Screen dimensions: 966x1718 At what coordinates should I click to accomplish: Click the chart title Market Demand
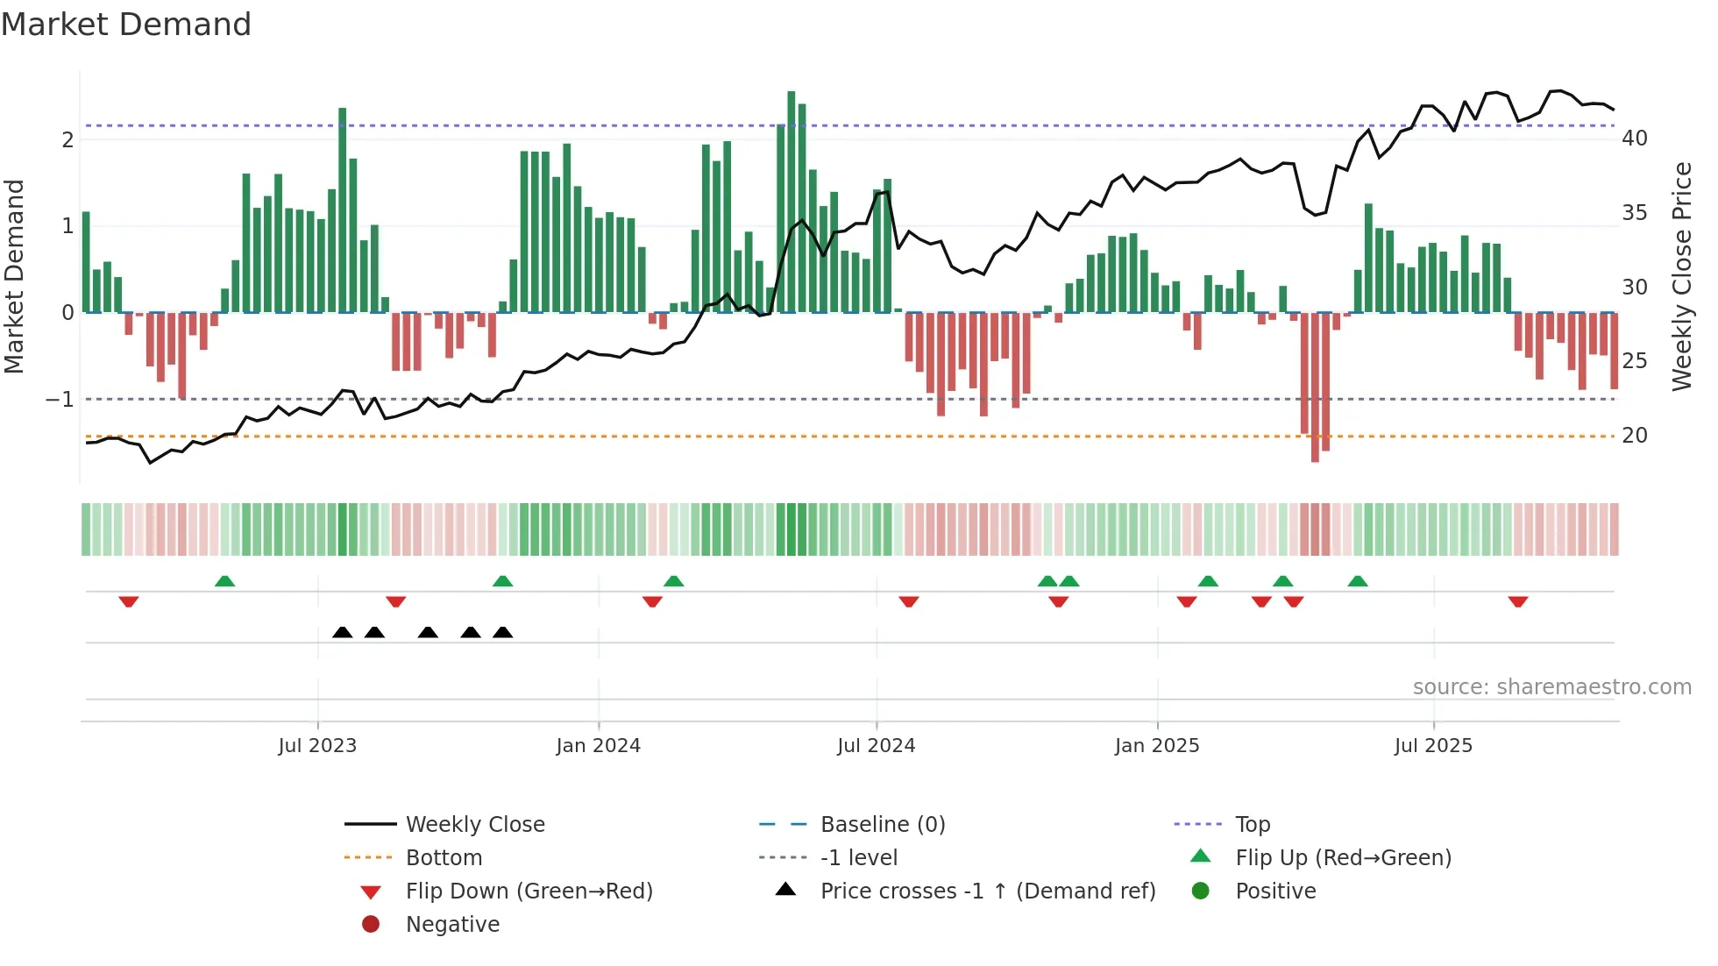click(x=126, y=25)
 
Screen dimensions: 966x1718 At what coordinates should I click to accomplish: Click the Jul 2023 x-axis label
click(x=317, y=746)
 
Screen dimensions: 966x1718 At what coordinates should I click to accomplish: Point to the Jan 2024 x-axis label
click(x=598, y=746)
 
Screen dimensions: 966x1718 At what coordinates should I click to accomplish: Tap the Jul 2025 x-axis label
click(x=1433, y=746)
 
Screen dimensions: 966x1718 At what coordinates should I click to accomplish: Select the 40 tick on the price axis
click(x=1634, y=139)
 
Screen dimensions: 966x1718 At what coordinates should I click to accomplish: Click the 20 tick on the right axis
click(x=1634, y=436)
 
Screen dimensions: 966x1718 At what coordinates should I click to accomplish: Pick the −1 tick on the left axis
click(x=60, y=400)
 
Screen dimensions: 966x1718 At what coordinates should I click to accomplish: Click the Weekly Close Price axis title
click(x=1681, y=276)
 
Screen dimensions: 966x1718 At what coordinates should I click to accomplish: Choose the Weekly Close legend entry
click(x=474, y=825)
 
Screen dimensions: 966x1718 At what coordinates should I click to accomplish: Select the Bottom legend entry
click(x=444, y=858)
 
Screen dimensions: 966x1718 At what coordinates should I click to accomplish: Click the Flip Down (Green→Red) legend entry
click(x=529, y=891)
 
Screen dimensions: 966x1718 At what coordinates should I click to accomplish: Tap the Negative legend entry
click(x=452, y=925)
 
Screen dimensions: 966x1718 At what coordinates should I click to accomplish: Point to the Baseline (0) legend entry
click(x=882, y=825)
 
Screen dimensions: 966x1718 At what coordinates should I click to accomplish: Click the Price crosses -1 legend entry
click(x=987, y=891)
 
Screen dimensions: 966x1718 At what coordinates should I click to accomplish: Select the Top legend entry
click(x=1252, y=825)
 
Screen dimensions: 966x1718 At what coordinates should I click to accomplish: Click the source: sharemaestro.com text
click(x=1551, y=687)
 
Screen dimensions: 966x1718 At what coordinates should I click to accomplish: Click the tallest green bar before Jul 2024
click(x=792, y=202)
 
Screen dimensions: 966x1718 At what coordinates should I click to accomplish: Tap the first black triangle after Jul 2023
click(x=343, y=633)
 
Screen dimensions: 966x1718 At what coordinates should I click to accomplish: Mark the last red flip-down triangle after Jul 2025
click(x=1518, y=602)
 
